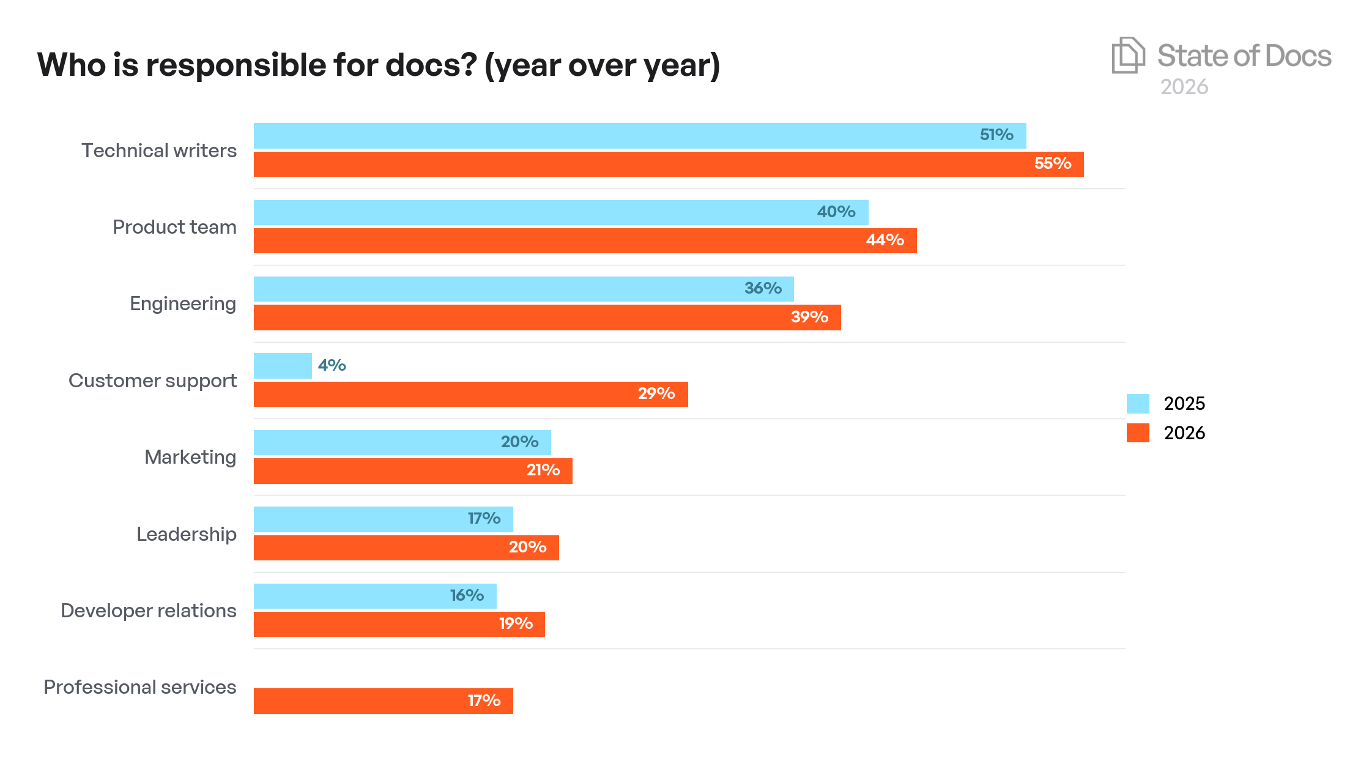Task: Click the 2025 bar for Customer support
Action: [283, 366]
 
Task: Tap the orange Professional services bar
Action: [383, 700]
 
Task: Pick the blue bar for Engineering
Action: [523, 289]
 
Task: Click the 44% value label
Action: [885, 240]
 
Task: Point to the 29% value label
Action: [656, 393]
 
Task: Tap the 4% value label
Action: [332, 365]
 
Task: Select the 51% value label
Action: [996, 135]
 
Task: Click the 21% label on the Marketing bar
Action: [543, 470]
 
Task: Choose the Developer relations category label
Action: [148, 611]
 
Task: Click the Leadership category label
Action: [186, 534]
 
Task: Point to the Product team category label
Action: [174, 227]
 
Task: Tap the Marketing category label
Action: [190, 457]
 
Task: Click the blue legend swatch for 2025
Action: [1137, 404]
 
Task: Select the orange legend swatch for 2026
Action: [1137, 433]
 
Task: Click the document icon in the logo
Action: [1127, 56]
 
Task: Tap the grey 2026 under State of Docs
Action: [1184, 87]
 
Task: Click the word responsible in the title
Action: [236, 65]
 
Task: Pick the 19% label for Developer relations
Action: [515, 623]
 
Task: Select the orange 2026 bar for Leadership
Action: [406, 548]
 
